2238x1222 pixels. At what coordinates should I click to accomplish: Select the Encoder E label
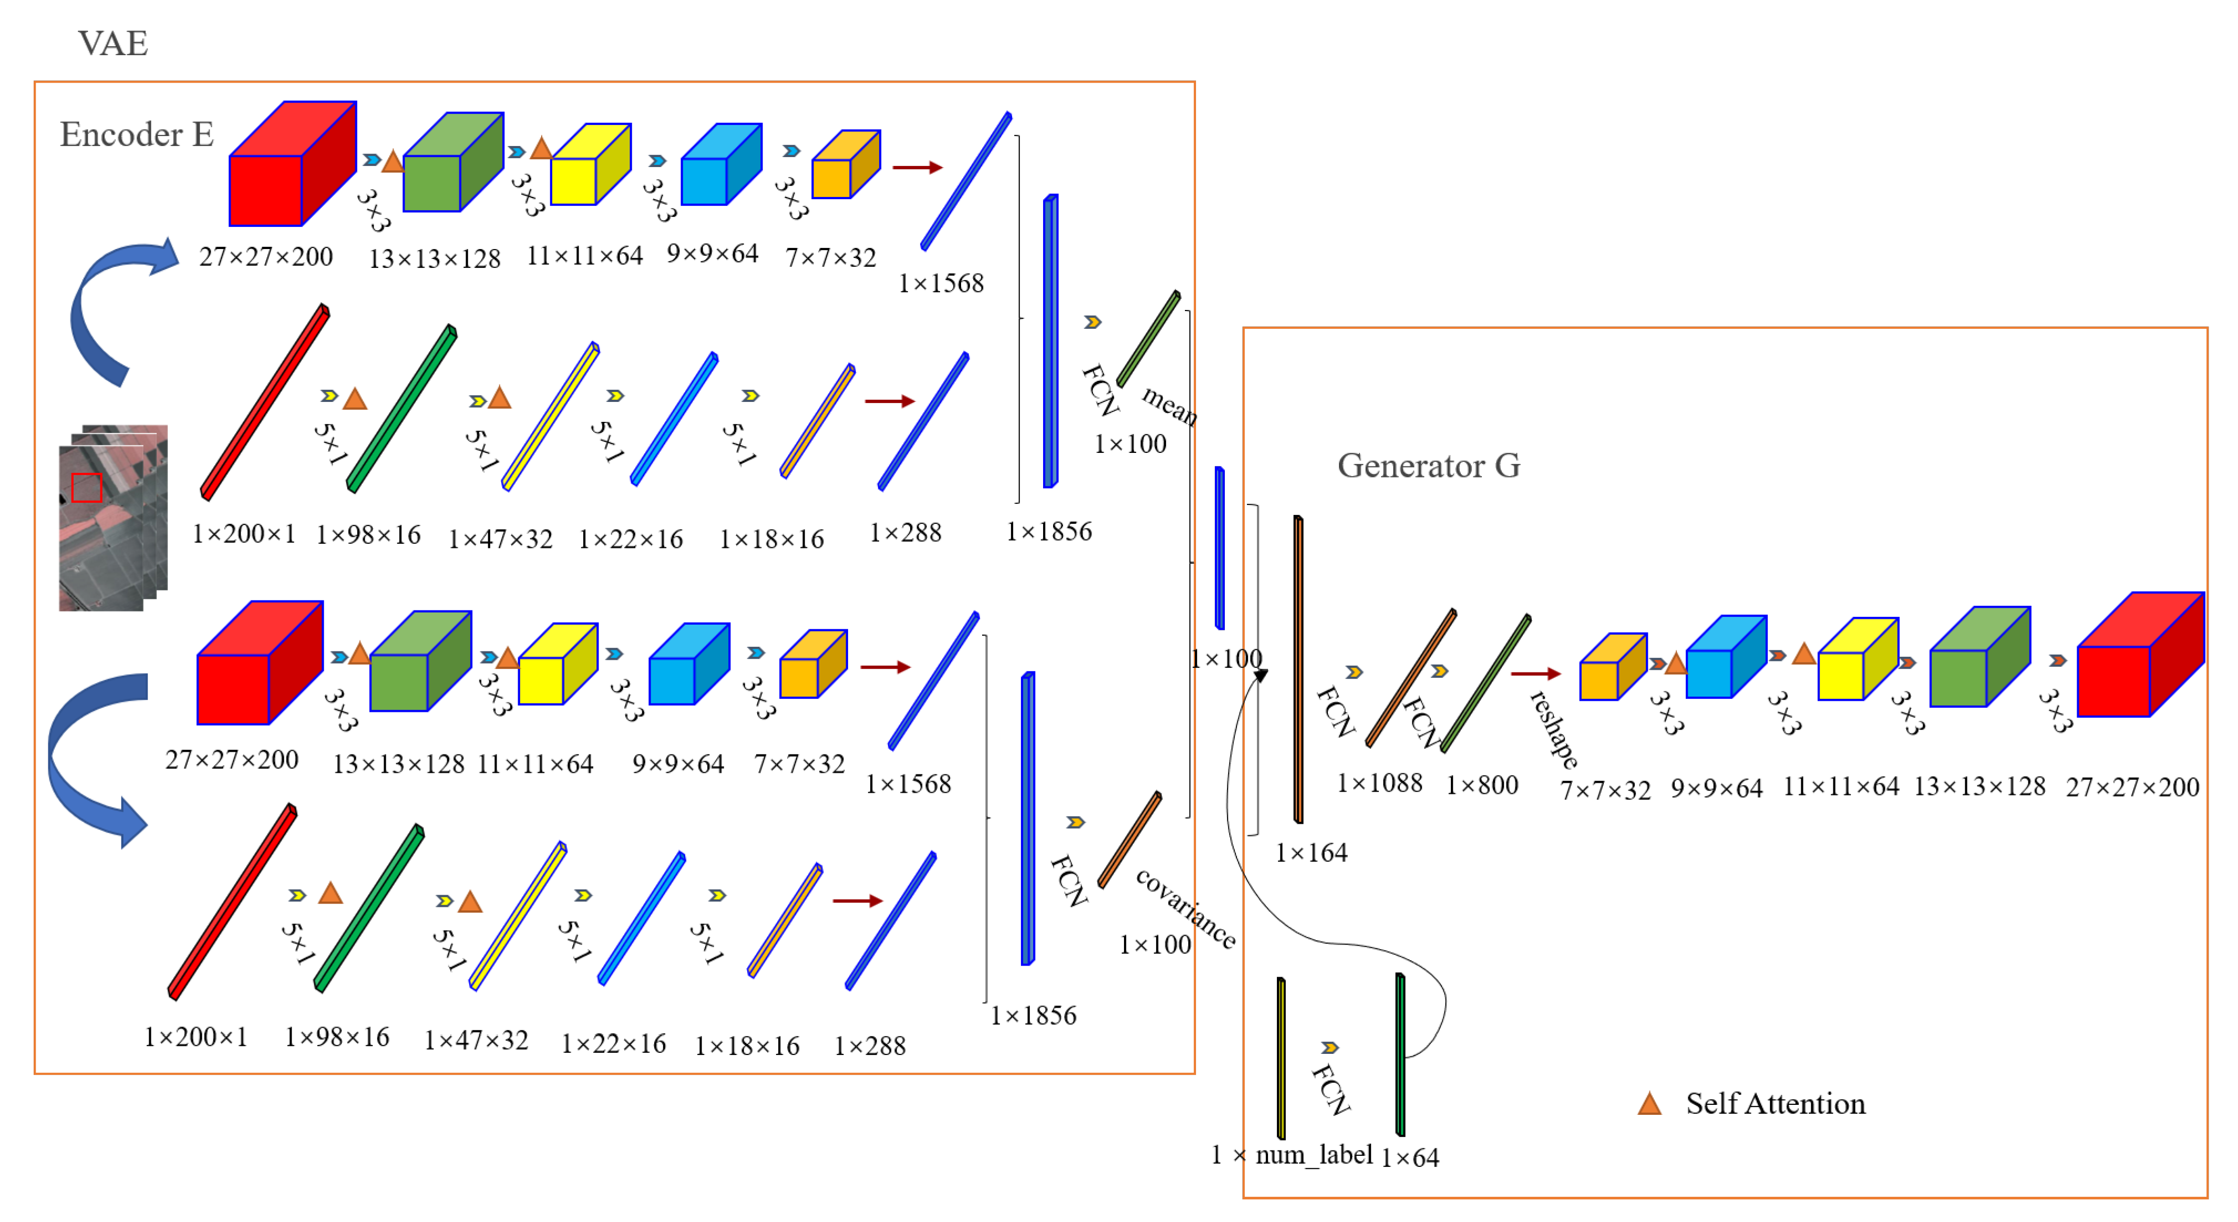(137, 134)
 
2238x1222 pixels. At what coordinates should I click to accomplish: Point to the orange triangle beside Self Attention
(1649, 1104)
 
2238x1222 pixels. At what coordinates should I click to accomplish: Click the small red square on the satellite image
(86, 487)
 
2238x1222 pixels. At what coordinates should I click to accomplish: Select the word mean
(1169, 405)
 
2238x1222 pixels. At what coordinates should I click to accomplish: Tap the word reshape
(1554, 730)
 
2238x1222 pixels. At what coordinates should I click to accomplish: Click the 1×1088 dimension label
(1379, 783)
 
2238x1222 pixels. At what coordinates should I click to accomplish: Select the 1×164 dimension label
(1311, 853)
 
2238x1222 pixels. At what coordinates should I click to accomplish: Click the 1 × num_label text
(1292, 1155)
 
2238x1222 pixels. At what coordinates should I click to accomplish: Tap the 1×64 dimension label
(1409, 1158)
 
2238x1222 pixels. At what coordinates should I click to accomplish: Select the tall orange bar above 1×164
(1298, 669)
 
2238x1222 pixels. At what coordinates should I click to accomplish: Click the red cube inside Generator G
(2140, 656)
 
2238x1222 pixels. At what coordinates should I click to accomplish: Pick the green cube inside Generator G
(1978, 657)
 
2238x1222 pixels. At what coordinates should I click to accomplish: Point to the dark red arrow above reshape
(1535, 673)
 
